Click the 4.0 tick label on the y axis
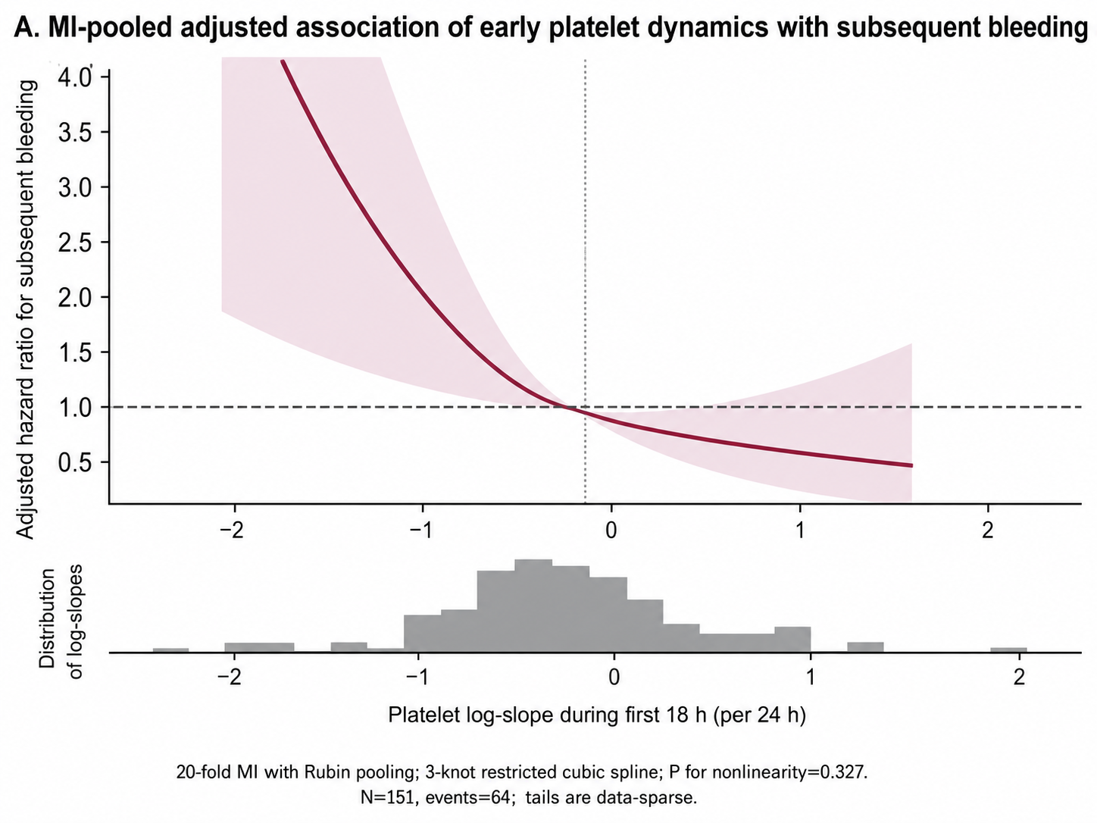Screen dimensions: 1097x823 click(75, 77)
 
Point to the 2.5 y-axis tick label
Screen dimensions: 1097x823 click(75, 243)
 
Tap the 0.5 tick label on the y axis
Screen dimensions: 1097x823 click(75, 463)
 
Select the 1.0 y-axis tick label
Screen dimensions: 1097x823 click(75, 408)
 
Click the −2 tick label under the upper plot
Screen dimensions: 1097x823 click(231, 530)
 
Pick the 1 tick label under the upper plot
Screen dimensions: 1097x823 click(801, 530)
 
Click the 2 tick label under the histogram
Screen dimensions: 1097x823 click(1019, 677)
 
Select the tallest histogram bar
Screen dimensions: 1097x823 click(533, 606)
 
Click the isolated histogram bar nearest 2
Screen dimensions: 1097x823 click(1008, 650)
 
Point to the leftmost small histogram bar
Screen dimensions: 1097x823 click(171, 650)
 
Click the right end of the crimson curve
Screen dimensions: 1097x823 click(912, 466)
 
